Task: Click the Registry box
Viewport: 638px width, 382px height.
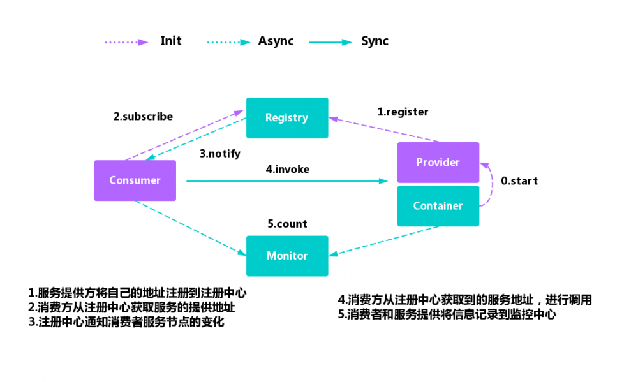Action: coord(287,117)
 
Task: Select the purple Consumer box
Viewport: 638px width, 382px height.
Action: coord(135,180)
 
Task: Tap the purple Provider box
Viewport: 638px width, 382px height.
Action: coord(438,163)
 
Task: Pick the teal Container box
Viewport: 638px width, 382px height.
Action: coord(438,206)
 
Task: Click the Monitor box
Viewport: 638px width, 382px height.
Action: coord(287,256)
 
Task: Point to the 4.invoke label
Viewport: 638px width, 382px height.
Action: coord(287,170)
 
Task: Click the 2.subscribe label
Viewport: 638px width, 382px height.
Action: coord(143,117)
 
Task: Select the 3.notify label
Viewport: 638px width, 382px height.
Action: coord(219,154)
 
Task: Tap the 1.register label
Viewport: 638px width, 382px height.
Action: coord(403,112)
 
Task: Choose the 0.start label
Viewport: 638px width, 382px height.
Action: coord(519,181)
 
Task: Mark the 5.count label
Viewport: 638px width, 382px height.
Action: coord(287,224)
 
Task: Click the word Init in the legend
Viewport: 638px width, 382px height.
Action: coord(170,41)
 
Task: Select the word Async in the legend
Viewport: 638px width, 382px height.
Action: coord(276,41)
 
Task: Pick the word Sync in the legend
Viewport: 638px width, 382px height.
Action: coord(375,41)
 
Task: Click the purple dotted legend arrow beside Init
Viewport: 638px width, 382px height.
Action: coord(126,42)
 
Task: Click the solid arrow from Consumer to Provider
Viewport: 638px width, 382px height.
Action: coord(287,181)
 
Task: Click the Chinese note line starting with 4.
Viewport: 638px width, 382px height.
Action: coord(465,300)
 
